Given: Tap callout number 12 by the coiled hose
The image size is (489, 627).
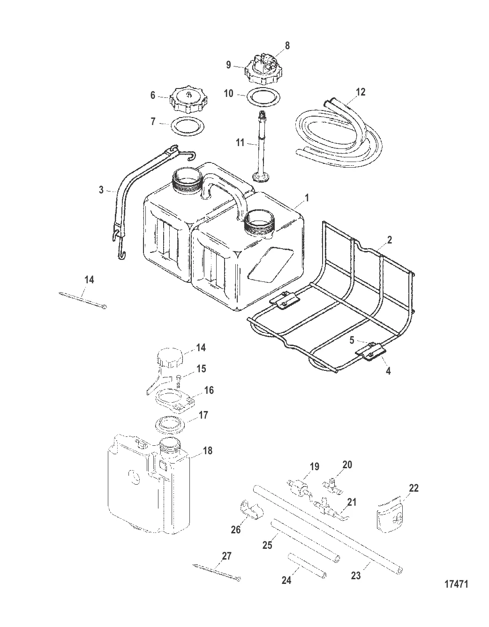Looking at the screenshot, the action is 361,92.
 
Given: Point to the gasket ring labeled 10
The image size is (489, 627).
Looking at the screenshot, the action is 263,96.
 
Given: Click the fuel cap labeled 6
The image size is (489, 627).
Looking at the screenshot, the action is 188,100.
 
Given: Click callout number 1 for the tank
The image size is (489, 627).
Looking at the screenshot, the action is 307,198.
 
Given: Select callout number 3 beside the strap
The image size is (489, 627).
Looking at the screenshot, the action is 101,190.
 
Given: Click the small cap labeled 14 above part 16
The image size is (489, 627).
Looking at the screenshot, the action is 170,359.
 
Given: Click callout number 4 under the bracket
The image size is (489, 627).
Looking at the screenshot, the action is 388,371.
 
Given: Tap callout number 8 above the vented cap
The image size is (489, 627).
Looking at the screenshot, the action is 287,46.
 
